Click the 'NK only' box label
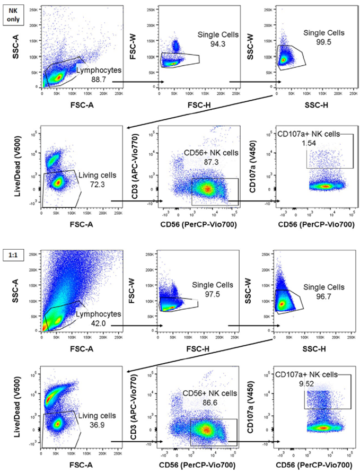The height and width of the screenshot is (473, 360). coord(12,13)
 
